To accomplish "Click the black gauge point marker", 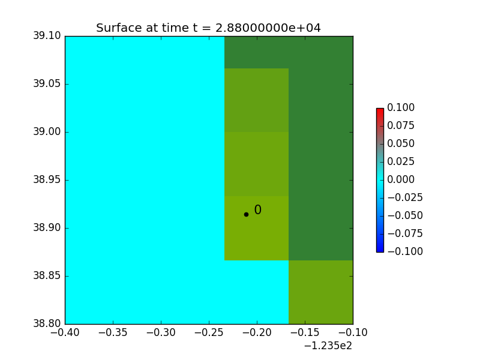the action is (x=246, y=214).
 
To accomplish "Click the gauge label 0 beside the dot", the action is (x=258, y=209).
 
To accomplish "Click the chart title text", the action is (x=208, y=28).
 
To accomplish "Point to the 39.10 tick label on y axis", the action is (x=47, y=36).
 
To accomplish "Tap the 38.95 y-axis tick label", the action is (x=47, y=179).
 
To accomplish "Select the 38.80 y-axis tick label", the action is (x=47, y=323).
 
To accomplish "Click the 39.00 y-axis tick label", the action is (x=47, y=131).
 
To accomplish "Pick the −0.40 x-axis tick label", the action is (x=65, y=332).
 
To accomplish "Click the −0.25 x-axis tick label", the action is (x=209, y=332).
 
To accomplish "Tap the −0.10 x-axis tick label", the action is (x=353, y=332).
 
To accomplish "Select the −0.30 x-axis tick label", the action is (x=161, y=332).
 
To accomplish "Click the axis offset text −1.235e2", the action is (x=328, y=346).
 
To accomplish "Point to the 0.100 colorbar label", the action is (x=401, y=107).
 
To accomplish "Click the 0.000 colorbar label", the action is (x=401, y=179).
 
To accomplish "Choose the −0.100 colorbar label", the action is (x=405, y=251).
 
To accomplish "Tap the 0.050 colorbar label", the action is (x=401, y=143).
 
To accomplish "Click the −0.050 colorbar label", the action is (x=405, y=215).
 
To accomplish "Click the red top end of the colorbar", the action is (x=380, y=109).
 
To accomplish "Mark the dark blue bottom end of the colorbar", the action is (x=380, y=251).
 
